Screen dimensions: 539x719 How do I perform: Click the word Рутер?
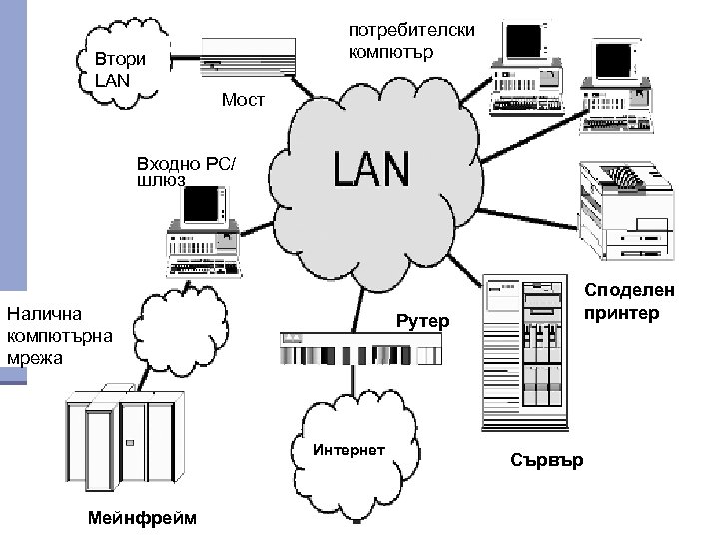click(423, 322)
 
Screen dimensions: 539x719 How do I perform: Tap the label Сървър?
click(547, 460)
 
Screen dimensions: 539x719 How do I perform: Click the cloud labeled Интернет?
click(349, 443)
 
